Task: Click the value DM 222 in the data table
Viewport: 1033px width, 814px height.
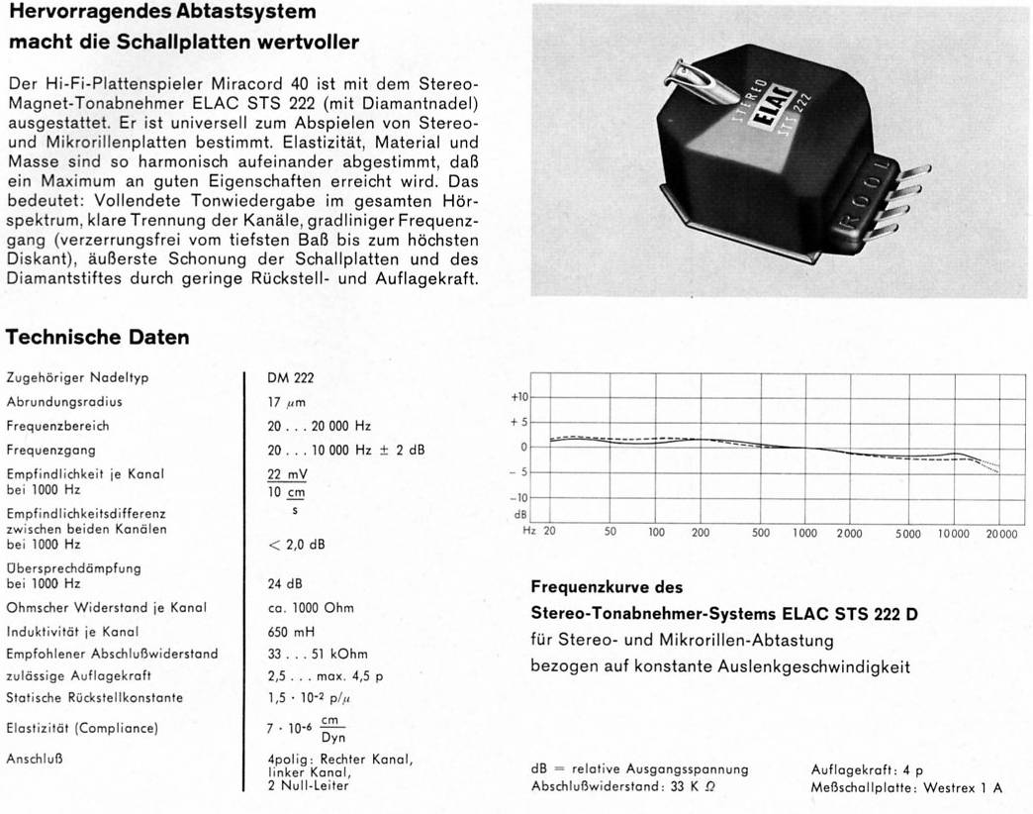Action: [x=291, y=377]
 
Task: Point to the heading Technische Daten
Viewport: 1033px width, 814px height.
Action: [x=97, y=338]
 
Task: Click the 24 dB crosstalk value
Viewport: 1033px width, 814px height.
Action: [x=285, y=583]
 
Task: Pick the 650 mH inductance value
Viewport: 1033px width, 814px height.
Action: [x=288, y=631]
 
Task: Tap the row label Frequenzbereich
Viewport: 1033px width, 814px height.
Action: [x=57, y=426]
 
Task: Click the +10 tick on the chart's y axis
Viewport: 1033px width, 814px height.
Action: [x=522, y=396]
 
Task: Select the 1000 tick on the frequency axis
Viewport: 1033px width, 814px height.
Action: [x=804, y=533]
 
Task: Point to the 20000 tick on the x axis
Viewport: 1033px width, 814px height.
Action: [x=1001, y=533]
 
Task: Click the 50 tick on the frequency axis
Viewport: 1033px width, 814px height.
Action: [x=610, y=533]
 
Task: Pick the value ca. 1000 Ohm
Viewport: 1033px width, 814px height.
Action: [x=310, y=607]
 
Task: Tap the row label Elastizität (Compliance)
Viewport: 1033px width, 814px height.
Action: [x=81, y=729]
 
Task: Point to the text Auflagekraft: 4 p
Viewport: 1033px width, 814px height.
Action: [x=867, y=769]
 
